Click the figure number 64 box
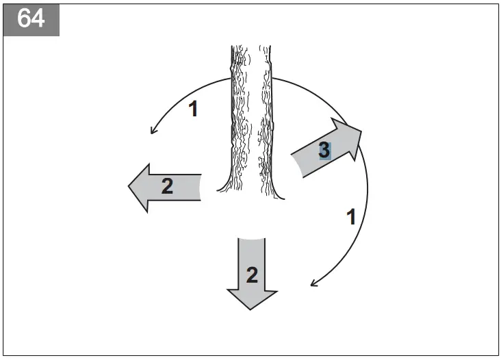tap(31, 18)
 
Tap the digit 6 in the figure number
tap(23, 18)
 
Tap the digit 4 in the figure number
tap(38, 18)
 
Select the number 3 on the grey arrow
tap(324, 150)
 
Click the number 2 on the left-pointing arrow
tap(167, 186)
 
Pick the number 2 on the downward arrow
tap(252, 274)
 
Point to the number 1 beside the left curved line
tap(193, 109)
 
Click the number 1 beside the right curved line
tap(351, 218)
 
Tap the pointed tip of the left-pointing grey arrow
tap(129, 187)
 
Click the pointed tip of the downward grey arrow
tap(252, 310)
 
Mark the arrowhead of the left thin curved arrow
tap(152, 133)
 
